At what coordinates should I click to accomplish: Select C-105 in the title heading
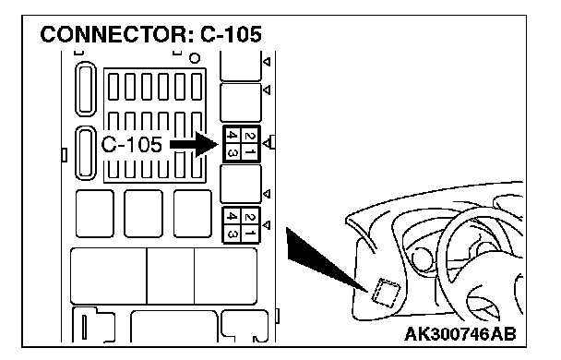pos(231,34)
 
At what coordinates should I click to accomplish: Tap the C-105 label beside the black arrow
pos(131,145)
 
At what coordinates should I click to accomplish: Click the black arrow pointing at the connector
pos(194,145)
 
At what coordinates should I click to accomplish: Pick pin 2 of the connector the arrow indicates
pos(250,136)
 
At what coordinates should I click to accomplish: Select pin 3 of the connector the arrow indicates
pos(233,153)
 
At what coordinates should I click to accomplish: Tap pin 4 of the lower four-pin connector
pos(233,216)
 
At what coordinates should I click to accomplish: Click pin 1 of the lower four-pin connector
pos(250,234)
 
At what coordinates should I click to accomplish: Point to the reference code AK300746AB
pos(460,334)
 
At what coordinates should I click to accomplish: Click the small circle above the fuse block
pos(195,58)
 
